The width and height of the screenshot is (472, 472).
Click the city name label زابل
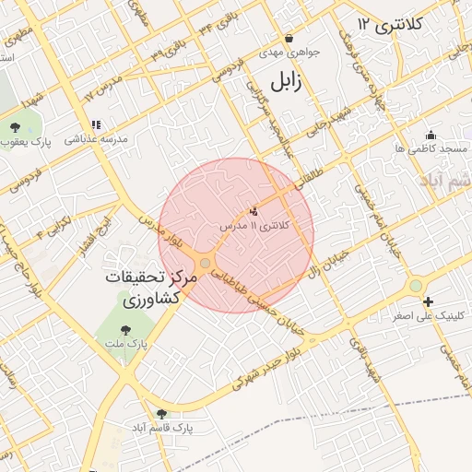[285, 80]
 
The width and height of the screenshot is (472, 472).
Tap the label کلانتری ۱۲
[390, 24]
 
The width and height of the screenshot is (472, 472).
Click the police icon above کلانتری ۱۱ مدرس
[254, 212]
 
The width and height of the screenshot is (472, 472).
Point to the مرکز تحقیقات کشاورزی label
[147, 288]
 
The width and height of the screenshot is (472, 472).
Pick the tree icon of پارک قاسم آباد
[162, 414]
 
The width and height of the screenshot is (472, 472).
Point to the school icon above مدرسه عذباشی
[95, 124]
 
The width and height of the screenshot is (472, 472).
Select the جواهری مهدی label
[289, 53]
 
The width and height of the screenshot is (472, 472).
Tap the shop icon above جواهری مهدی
[289, 39]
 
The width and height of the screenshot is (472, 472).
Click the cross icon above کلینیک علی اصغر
[428, 301]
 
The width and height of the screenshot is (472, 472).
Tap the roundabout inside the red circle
[205, 265]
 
